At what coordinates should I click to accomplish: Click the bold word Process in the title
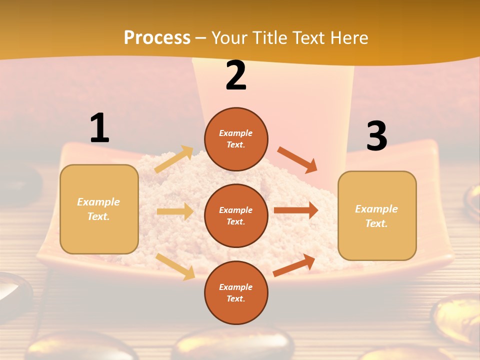tap(157, 38)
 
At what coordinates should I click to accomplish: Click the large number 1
tap(99, 128)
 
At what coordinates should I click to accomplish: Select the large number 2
tap(236, 75)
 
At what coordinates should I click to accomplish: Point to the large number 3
tap(376, 136)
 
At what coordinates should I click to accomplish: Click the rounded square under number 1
tap(99, 209)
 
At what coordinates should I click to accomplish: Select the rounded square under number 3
tap(377, 215)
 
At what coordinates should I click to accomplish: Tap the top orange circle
tap(236, 139)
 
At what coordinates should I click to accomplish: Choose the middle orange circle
tap(236, 215)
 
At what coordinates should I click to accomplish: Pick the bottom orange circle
tap(236, 292)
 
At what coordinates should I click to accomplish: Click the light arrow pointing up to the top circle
tap(174, 159)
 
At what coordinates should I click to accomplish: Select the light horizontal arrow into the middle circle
tap(175, 211)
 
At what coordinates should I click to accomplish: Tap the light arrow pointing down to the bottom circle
tap(175, 266)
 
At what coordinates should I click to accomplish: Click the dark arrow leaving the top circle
tap(297, 159)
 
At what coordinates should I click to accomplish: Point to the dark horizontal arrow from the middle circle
tap(296, 210)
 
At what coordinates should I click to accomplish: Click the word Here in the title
tap(348, 38)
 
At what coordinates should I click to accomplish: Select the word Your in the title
tap(227, 38)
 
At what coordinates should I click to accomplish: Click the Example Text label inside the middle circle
tap(236, 215)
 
